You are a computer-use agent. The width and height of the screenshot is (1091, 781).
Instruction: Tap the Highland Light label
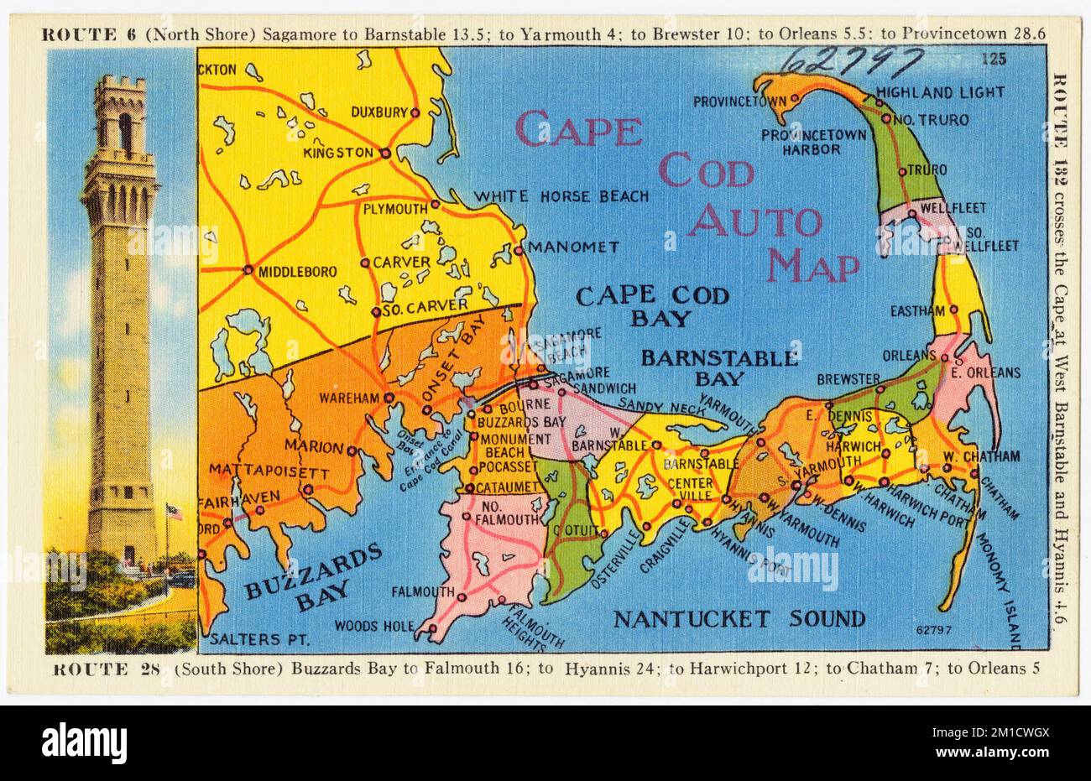[927, 93]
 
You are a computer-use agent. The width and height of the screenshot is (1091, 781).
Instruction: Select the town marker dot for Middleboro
[248, 270]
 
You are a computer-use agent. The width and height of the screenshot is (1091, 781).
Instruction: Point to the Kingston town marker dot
[384, 154]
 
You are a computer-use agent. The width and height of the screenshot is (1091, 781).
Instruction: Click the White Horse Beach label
[561, 196]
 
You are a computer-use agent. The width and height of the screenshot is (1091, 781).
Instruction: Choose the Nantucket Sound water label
[739, 619]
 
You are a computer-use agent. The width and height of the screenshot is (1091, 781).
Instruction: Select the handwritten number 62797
[852, 60]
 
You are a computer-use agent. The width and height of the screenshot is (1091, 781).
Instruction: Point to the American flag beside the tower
[175, 510]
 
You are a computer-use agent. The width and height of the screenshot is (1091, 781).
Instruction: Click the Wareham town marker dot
[389, 397]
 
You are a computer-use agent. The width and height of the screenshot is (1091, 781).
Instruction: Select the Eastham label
[918, 311]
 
